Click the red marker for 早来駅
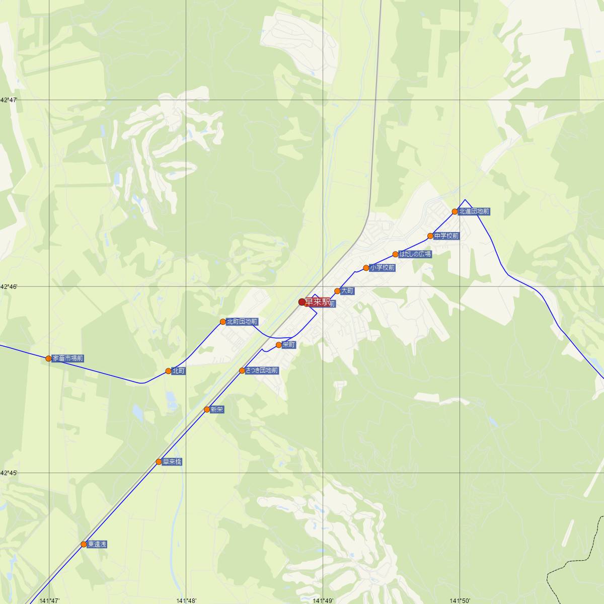pyautogui.click(x=302, y=302)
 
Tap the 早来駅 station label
pyautogui.click(x=318, y=302)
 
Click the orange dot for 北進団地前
pyautogui.click(x=455, y=211)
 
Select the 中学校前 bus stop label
pyautogui.click(x=446, y=236)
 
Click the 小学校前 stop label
pyautogui.click(x=383, y=268)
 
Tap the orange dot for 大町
pyautogui.click(x=337, y=291)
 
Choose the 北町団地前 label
pyautogui.click(x=242, y=322)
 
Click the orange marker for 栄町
pyautogui.click(x=278, y=345)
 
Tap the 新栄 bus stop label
pyautogui.click(x=217, y=410)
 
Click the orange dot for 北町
pyautogui.click(x=168, y=371)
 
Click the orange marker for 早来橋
pyautogui.click(x=159, y=462)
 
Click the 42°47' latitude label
pyautogui.click(x=9, y=100)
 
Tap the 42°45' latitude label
pyautogui.click(x=9, y=473)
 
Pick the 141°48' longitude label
pyautogui.click(x=186, y=600)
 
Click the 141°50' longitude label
pyautogui.click(x=460, y=600)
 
